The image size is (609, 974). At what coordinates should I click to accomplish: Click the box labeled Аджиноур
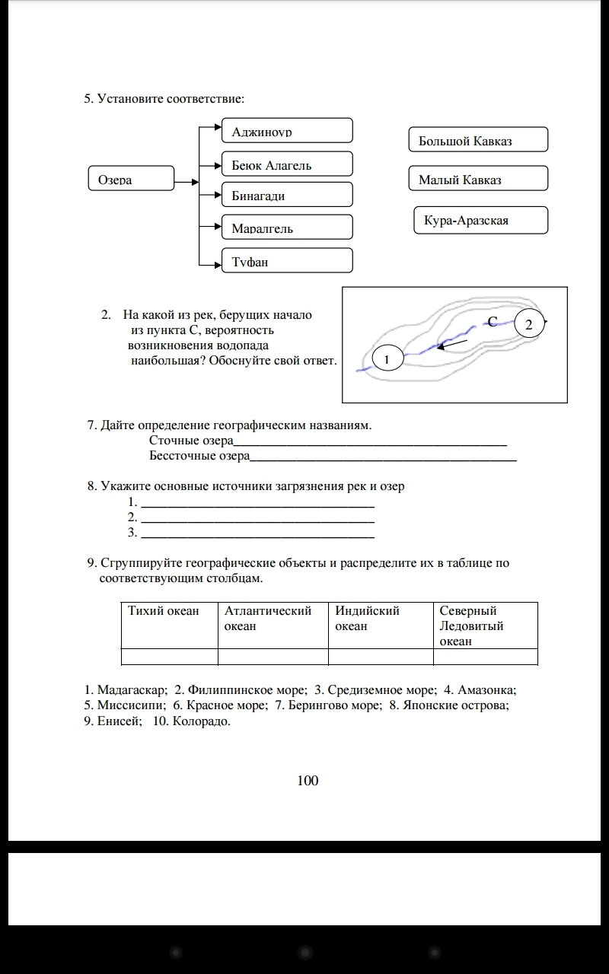tap(287, 131)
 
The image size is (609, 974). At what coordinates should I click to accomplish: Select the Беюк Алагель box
tap(287, 164)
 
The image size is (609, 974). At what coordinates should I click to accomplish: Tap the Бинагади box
tap(287, 195)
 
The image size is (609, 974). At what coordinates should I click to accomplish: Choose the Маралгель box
tap(287, 228)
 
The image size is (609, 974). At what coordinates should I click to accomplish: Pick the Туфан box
tap(287, 261)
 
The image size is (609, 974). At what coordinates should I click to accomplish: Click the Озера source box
tap(132, 180)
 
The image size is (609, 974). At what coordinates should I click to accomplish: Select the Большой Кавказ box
tap(478, 140)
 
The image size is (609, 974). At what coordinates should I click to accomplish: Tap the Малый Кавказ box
tap(478, 179)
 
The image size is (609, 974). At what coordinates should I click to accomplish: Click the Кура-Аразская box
tap(480, 220)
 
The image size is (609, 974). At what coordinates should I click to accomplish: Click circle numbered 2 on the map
tap(530, 323)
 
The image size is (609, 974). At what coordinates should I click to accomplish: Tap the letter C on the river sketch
tap(493, 321)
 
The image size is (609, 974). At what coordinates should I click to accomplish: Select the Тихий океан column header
tap(170, 625)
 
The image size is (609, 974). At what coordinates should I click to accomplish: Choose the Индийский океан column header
tap(381, 625)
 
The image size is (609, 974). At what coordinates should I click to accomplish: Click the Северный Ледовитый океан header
tap(486, 625)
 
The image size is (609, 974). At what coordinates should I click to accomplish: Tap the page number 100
tap(308, 780)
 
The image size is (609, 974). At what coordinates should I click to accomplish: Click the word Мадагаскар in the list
tap(131, 690)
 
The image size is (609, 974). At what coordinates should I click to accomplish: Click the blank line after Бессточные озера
tap(383, 458)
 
